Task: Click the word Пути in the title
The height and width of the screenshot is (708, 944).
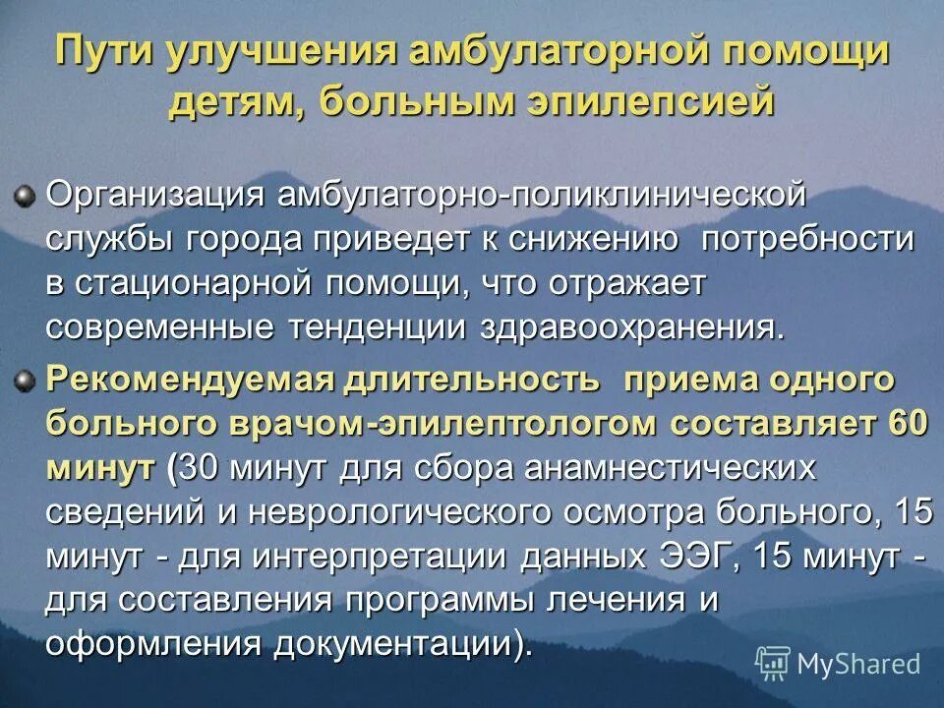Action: [x=103, y=52]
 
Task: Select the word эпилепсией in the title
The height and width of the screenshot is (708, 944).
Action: [x=650, y=101]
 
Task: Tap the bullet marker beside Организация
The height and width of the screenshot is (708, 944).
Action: [x=24, y=193]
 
